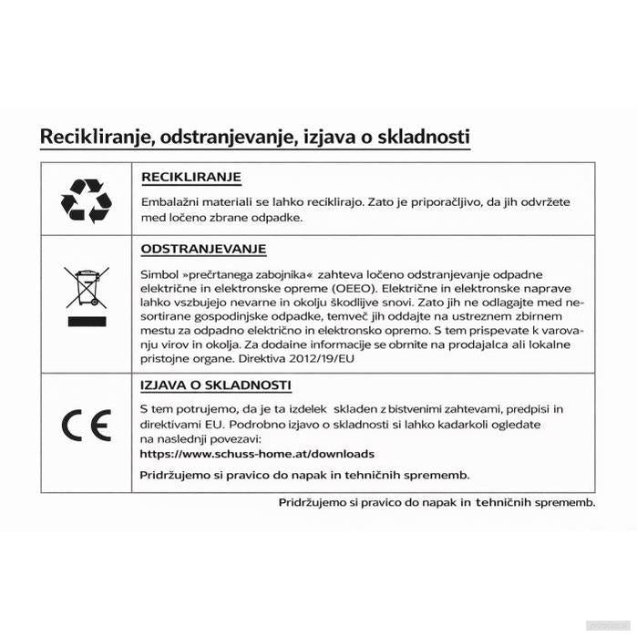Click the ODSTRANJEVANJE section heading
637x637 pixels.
point(203,249)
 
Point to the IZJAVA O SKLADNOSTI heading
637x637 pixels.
point(216,385)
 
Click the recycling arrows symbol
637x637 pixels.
point(87,200)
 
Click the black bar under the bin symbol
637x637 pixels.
point(87,322)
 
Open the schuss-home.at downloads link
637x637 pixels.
point(257,453)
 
